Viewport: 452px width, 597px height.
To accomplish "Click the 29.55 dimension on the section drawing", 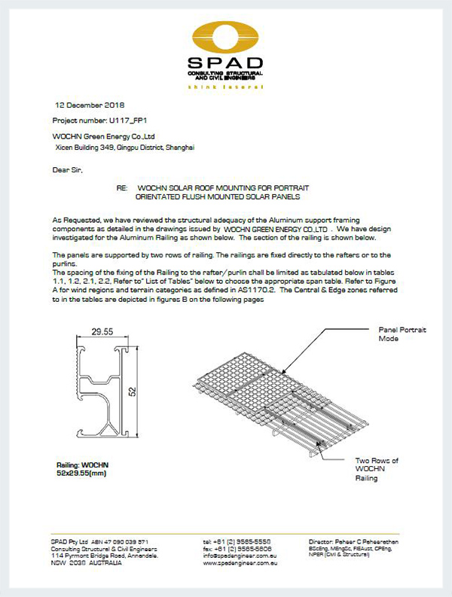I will [x=102, y=330].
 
